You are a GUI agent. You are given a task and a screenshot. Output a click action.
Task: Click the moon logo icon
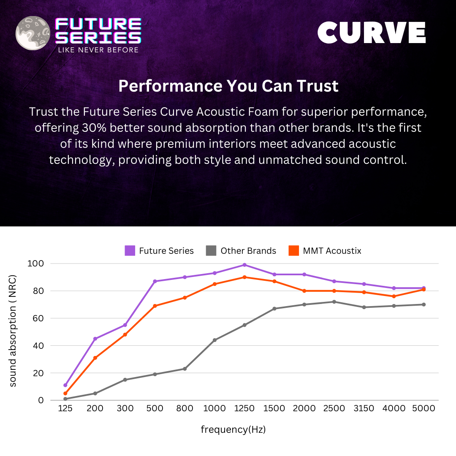33,33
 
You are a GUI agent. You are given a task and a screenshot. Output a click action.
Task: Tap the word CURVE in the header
372,33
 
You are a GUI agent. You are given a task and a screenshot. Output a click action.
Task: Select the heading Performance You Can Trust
228,86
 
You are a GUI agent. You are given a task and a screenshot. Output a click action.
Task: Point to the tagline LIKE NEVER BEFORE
98,50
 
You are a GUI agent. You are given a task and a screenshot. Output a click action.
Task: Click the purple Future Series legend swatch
130,251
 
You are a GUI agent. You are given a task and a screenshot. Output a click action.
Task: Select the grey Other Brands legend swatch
211,251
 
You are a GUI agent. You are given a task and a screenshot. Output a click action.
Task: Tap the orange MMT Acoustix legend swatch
294,251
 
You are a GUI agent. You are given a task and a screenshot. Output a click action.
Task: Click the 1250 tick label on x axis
244,408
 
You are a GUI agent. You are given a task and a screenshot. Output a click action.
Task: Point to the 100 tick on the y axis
35,263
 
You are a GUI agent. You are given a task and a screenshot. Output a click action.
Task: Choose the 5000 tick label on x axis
423,408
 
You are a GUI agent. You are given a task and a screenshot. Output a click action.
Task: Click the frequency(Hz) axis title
233,430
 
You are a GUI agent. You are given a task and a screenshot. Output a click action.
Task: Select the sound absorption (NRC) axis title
13,331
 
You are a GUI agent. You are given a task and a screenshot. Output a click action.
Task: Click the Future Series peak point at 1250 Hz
244,265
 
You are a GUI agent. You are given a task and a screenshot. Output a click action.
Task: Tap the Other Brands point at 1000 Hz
214,340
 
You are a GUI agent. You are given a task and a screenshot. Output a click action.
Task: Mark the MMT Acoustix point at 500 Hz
155,306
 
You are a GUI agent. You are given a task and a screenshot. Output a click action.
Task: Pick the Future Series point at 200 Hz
95,339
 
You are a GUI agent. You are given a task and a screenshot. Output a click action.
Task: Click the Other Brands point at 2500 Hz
334,302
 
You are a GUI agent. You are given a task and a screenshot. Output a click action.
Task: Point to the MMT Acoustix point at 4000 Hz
394,296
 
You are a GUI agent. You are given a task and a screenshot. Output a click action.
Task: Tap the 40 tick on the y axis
38,346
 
